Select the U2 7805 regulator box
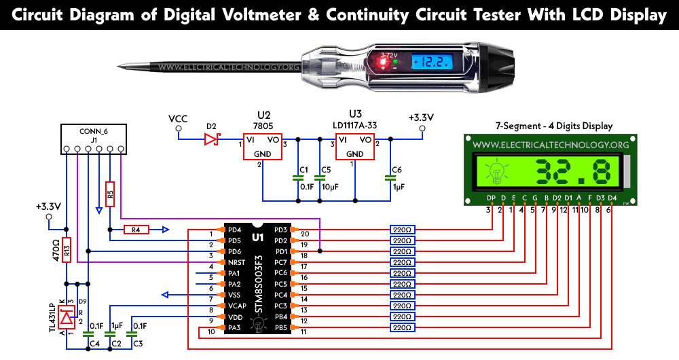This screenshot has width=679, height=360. (x=261, y=145)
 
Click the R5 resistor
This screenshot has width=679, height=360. (x=111, y=194)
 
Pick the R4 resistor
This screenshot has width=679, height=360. (x=136, y=230)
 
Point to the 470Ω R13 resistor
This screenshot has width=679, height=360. (x=67, y=250)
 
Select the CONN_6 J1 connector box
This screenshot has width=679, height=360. (x=92, y=139)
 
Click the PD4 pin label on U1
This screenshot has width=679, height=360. (x=233, y=230)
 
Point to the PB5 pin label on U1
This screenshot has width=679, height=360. (x=280, y=327)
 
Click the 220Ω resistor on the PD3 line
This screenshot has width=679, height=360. (x=402, y=230)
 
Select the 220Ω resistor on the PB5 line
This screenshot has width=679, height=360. (x=402, y=327)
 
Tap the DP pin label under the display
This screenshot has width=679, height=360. (x=490, y=198)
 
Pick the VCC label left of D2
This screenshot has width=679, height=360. (x=178, y=120)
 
